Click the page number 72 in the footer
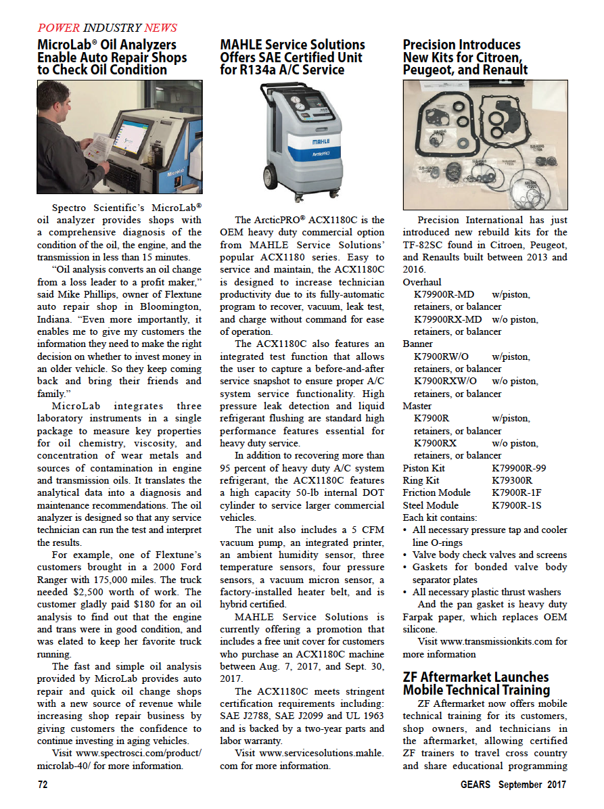click(x=42, y=785)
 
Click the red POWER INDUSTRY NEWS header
click(x=107, y=28)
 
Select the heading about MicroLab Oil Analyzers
click(x=112, y=57)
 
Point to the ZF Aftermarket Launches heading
click(x=475, y=683)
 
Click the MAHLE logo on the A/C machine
click(x=321, y=143)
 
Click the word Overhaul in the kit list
click(x=421, y=282)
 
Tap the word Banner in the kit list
click(x=417, y=344)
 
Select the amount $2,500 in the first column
click(x=116, y=580)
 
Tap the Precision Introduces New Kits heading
click(x=465, y=57)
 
